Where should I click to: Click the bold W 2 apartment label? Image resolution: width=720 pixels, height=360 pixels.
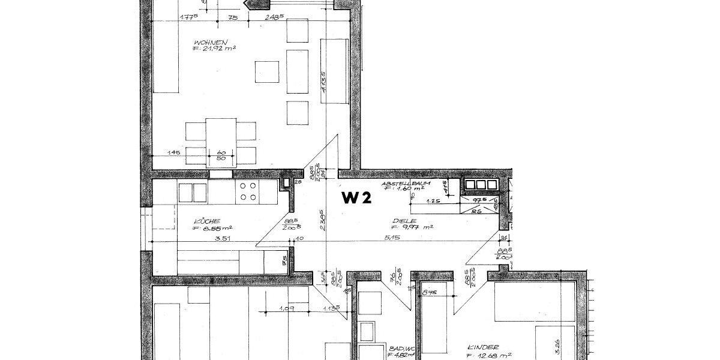[356, 199]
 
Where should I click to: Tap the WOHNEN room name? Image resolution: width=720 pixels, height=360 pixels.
[209, 42]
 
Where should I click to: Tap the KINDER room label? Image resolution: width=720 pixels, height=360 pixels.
[484, 347]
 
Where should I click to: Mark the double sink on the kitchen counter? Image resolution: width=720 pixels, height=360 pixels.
[193, 192]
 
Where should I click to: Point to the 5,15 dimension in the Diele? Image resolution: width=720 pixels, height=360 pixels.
[394, 238]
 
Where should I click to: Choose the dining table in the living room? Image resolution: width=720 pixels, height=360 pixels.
[221, 141]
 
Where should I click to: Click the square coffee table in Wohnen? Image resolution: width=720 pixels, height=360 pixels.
[267, 71]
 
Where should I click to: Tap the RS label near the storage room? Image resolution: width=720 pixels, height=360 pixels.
[477, 211]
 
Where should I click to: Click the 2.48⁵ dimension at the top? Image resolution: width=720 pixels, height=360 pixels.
[274, 17]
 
